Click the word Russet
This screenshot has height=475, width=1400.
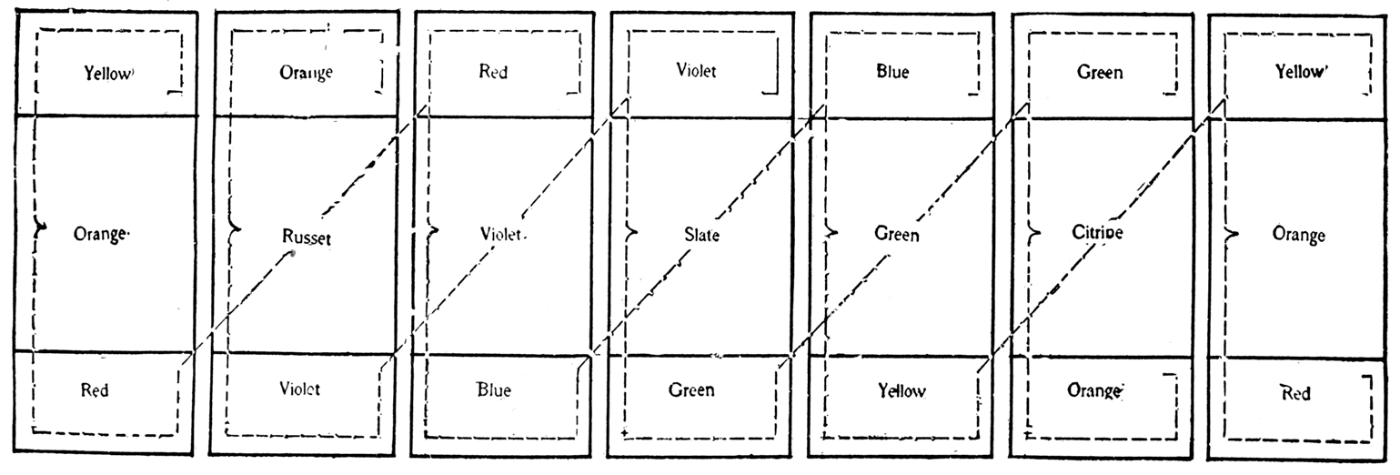tap(306, 239)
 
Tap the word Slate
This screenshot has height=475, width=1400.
tap(701, 236)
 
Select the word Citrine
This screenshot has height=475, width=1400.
tap(1097, 233)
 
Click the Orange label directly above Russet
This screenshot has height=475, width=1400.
tap(306, 73)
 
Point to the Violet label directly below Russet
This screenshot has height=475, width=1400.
tap(299, 389)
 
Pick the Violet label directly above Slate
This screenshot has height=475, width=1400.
tap(696, 71)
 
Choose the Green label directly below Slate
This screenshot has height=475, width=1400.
tap(691, 390)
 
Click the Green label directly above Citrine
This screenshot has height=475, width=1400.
tap(1099, 73)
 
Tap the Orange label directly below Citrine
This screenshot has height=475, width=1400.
tap(1094, 390)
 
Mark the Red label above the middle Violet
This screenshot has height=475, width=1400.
tap(493, 73)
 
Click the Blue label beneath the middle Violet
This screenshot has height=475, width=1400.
tap(494, 390)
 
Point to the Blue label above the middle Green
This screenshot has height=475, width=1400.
tap(892, 73)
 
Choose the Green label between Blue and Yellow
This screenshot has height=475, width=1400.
tap(896, 235)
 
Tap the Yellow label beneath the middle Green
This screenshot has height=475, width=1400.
tap(901, 390)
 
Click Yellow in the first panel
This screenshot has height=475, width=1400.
tap(107, 74)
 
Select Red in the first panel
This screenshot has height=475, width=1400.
tap(95, 390)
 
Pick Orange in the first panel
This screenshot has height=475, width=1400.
tap(100, 234)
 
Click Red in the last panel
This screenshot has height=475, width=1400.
tap(1295, 393)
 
